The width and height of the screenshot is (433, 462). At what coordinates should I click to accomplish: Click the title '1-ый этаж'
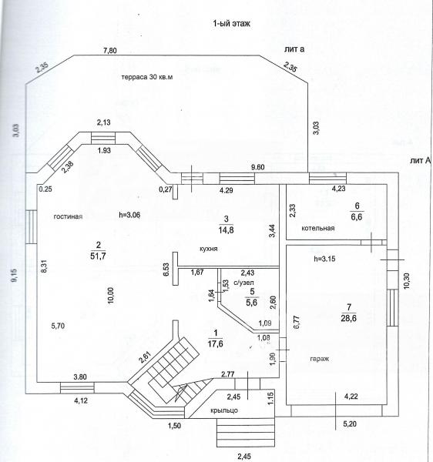point(231,24)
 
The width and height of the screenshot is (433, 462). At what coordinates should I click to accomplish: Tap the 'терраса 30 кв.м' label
point(147,77)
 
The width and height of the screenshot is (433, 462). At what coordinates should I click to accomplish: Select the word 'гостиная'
point(68,216)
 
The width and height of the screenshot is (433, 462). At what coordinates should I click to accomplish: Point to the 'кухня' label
point(209,249)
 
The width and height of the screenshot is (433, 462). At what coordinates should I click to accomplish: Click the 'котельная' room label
point(318,229)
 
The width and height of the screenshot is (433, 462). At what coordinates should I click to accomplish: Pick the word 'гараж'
point(320,359)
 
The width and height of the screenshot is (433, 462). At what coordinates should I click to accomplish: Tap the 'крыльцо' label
point(224,410)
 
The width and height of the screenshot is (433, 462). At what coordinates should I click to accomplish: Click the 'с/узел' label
point(243,283)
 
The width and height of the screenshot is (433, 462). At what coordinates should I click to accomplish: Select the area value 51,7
point(98,256)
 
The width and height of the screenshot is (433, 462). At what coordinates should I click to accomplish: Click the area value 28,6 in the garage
point(349,318)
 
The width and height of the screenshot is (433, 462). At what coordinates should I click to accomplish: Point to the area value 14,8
point(226,229)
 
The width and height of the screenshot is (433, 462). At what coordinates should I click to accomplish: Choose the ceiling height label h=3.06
point(129,215)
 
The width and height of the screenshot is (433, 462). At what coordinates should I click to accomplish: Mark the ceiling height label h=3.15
point(324,259)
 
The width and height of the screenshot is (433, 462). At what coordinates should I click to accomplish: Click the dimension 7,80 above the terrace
point(110,51)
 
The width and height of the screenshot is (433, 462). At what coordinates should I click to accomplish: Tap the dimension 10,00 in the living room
point(111,296)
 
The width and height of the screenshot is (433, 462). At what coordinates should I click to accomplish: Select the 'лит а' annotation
point(294,49)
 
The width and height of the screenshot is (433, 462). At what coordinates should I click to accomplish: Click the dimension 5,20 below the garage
point(350,424)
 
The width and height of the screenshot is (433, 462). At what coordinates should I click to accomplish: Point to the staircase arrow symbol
point(181,393)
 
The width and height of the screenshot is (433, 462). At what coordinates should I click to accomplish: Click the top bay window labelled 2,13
point(103,138)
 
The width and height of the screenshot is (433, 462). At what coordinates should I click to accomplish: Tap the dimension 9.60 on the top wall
point(257,167)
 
